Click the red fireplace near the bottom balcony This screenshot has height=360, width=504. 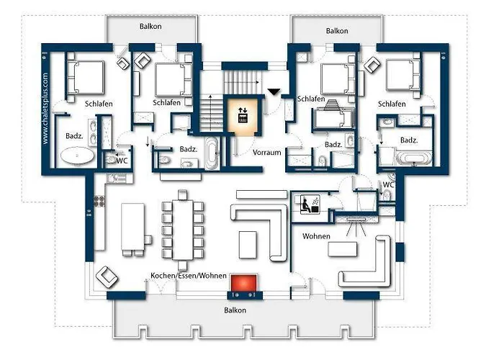tap(244, 283)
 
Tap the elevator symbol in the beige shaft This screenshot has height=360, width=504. tap(243, 115)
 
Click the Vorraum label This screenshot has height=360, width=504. tap(267, 153)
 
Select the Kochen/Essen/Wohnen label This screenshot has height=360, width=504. tap(189, 276)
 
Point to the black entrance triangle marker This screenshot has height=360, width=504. tap(274, 92)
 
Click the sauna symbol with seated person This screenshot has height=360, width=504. tap(310, 204)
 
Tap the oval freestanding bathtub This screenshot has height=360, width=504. tap(78, 156)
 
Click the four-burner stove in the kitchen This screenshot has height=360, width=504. tap(99, 201)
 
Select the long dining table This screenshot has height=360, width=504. tap(183, 230)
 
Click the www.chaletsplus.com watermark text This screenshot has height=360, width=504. tap(45, 108)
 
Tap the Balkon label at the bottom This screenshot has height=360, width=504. tap(235, 310)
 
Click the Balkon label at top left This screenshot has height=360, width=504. tap(150, 26)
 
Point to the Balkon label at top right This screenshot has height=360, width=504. tap(337, 30)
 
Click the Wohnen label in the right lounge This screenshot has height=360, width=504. tap(316, 236)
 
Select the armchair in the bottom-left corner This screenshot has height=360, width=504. tap(107, 277)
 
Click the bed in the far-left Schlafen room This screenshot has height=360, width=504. tap(86, 77)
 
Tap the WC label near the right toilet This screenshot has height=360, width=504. tap(388, 185)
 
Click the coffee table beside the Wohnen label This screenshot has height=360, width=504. tap(342, 249)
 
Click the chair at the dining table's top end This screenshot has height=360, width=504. tap(182, 195)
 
